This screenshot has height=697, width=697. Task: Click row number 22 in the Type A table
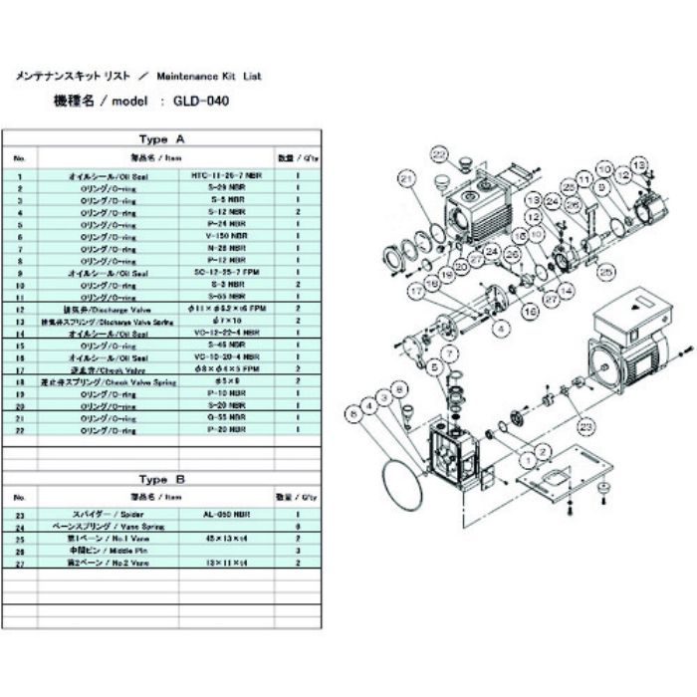click(x=19, y=429)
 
